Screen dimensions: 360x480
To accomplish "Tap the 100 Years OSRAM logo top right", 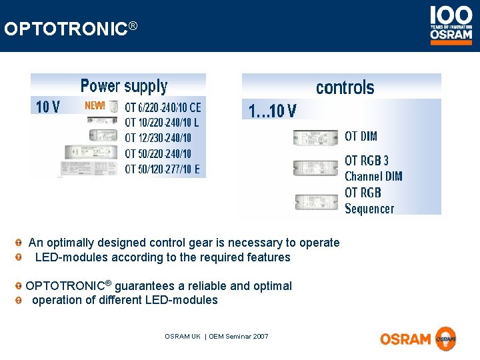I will point(451,25).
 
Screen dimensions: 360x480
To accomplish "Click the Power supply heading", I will point(123,86).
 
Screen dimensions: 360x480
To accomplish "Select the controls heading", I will point(345,88).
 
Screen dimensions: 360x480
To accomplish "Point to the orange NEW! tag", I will point(95,105).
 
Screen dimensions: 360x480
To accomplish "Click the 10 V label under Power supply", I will point(47,107).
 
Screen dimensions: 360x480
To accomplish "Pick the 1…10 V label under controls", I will point(272,111).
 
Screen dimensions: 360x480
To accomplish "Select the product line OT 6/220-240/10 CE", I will point(163,107).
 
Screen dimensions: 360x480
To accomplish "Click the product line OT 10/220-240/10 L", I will point(162,122).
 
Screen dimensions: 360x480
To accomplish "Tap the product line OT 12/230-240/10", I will point(158,138).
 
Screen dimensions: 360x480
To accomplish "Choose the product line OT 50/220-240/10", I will point(158,153).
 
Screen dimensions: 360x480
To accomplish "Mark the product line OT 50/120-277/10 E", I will point(162,169).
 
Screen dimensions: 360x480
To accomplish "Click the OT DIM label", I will point(361,137).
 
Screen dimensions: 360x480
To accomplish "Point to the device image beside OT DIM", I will point(315,138).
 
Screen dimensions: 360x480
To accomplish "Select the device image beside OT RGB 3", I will point(315,168).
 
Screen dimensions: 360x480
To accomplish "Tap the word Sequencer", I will point(369,209).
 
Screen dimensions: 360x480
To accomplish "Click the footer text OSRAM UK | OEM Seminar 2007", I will point(217,337).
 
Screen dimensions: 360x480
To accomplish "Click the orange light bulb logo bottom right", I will point(445,339).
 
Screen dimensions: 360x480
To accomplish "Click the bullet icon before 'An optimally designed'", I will point(21,243).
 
